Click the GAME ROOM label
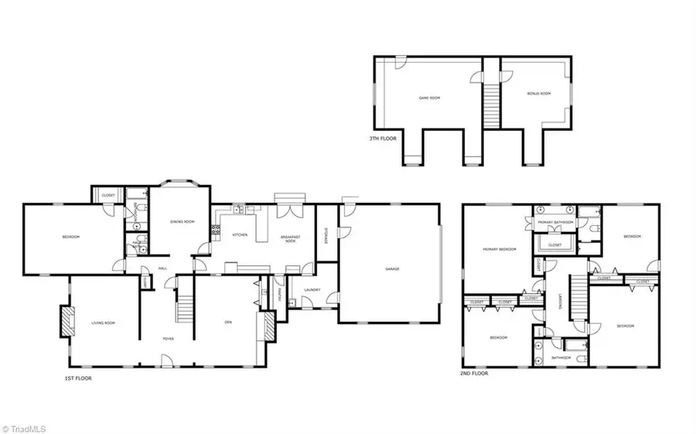click(429, 98)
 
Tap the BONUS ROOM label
click(538, 94)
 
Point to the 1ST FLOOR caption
click(80, 378)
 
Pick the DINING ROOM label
click(182, 222)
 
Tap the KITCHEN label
click(240, 234)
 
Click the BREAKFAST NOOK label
click(289, 239)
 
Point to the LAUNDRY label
click(312, 290)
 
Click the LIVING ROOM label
click(103, 323)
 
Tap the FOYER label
click(168, 339)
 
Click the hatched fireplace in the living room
click(67, 321)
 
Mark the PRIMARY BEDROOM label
click(499, 249)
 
